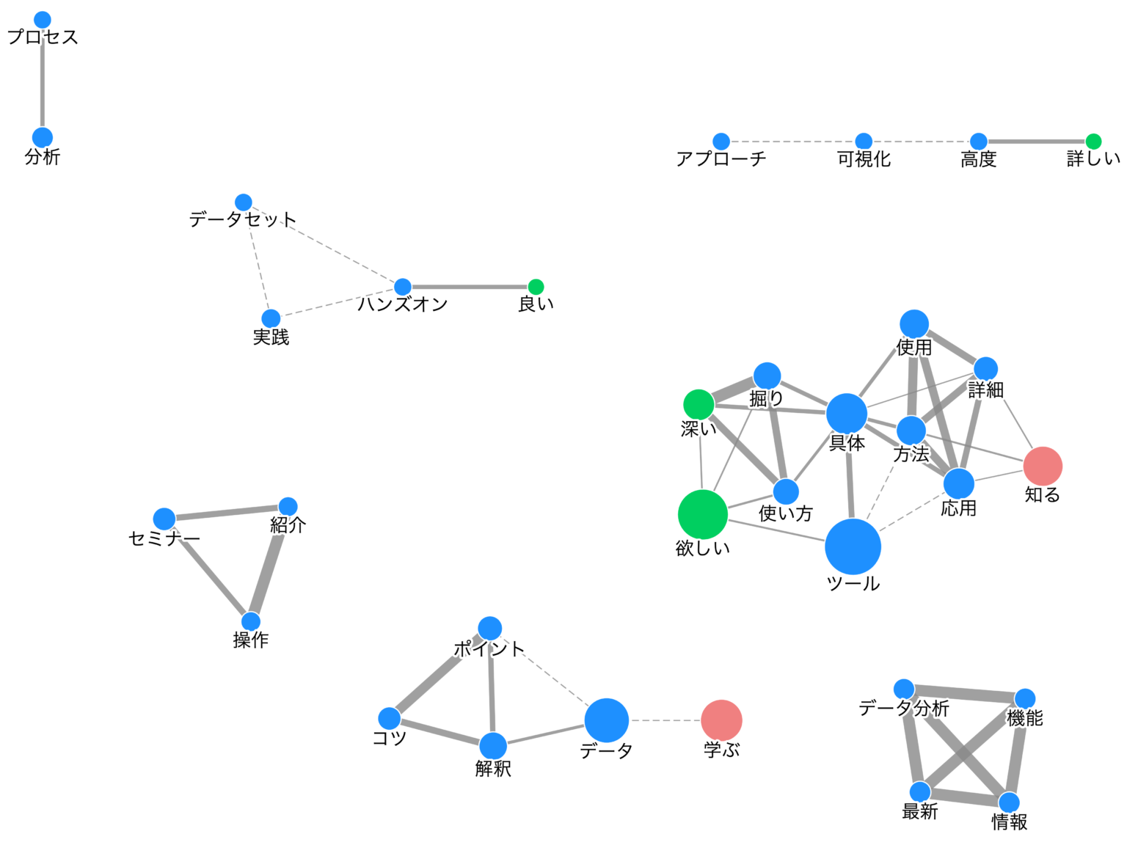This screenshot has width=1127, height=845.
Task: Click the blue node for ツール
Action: coord(853,546)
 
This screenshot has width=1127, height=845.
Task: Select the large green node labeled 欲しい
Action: coord(703,514)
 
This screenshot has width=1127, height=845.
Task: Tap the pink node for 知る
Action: coord(1043,466)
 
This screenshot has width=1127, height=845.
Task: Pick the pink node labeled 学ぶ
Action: coord(721,720)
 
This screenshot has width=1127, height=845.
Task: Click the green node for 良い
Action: coord(536,287)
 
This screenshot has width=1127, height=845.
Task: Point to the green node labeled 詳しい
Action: coord(1093,142)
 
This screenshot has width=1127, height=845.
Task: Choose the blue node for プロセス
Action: coord(43,20)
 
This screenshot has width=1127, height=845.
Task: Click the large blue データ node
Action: coord(607,720)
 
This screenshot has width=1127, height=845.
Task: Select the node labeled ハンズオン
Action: coord(403,287)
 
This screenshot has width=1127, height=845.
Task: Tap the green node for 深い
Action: coord(699,404)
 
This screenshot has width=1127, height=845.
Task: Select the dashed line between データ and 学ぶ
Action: coord(665,720)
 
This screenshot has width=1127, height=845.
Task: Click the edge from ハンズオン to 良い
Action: coord(470,287)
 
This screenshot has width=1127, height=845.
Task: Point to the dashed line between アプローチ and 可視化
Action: coord(792,142)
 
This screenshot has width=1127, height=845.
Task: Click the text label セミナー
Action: coord(164,539)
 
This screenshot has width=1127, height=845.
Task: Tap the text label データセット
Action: coord(243,219)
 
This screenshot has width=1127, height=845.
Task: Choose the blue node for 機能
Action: coord(1025,699)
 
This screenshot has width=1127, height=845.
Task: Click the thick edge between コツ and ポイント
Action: coord(439,674)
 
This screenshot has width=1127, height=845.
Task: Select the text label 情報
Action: coord(1010,822)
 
